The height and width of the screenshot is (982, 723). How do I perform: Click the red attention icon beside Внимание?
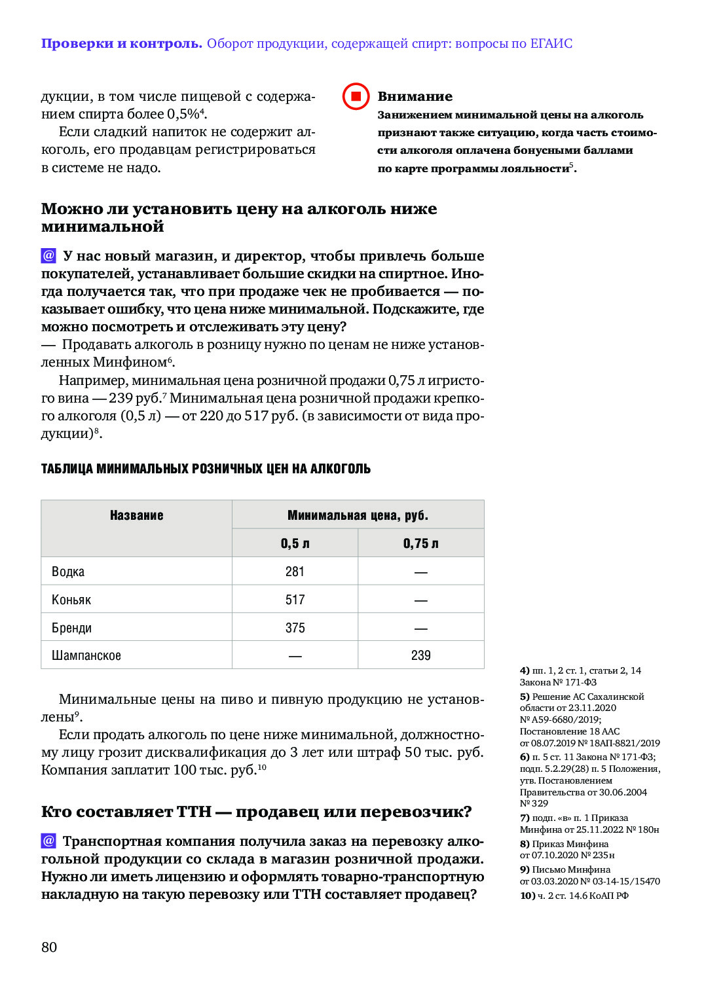[x=356, y=96]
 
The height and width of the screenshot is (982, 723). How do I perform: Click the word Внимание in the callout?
[x=415, y=96]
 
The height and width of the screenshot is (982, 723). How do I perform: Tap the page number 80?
[x=49, y=947]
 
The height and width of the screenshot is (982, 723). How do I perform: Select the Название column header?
[x=136, y=515]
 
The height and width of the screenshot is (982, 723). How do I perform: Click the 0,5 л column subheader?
[x=295, y=543]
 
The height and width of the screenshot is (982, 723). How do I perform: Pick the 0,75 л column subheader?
[x=420, y=543]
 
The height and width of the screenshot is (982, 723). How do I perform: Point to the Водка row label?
[x=68, y=572]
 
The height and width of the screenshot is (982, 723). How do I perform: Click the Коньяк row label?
[x=71, y=600]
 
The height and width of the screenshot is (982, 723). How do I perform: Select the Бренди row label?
[x=71, y=628]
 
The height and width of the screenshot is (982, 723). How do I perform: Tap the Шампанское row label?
[x=86, y=655]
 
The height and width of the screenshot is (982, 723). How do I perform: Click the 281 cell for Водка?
[x=295, y=572]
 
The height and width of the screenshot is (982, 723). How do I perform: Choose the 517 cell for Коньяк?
[x=295, y=600]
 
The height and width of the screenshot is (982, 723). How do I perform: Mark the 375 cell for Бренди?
[x=295, y=628]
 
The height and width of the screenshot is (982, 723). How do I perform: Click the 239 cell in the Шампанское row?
[x=420, y=655]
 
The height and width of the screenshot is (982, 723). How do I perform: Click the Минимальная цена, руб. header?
[x=358, y=515]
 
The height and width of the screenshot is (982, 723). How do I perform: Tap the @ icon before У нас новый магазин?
[x=48, y=255]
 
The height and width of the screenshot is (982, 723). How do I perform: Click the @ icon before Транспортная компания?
[x=48, y=841]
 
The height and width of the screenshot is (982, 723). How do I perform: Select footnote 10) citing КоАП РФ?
[x=574, y=896]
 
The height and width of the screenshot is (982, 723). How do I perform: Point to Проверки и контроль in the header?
[x=121, y=44]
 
